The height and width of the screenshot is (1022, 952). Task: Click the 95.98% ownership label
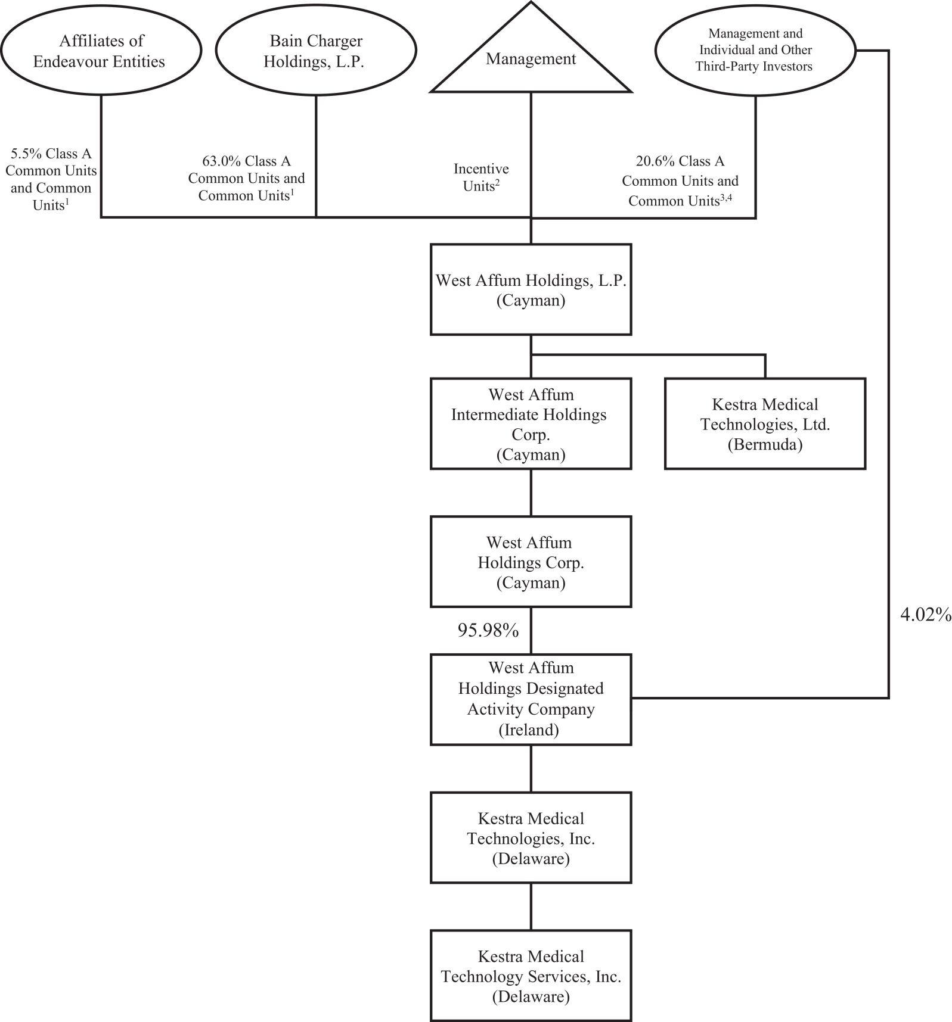click(488, 630)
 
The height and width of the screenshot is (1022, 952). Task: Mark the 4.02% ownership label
click(925, 615)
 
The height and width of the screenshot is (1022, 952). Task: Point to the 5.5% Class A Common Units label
click(51, 179)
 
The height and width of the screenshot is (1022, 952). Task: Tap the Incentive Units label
click(481, 177)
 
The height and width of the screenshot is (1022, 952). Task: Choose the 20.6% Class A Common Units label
click(680, 181)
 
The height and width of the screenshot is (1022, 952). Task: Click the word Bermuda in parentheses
click(765, 445)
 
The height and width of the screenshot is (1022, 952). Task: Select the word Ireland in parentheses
click(529, 730)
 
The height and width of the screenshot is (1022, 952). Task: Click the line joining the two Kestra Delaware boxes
click(531, 906)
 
